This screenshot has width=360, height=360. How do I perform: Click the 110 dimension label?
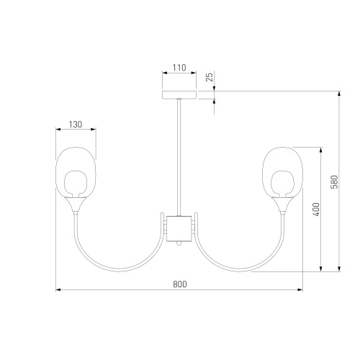179,68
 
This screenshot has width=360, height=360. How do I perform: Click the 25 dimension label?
210,77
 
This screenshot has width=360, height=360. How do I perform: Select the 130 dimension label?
76,125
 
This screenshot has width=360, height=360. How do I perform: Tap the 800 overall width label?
180,284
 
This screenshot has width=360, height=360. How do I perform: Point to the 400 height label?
317,210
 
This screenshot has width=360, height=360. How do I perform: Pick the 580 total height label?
334,182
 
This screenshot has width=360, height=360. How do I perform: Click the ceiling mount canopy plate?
179,95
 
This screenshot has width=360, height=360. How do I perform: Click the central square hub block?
179,228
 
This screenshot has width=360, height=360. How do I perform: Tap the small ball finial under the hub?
179,243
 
